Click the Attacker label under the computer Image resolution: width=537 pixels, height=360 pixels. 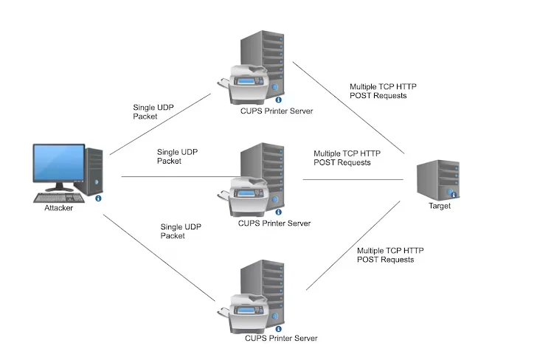[x=58, y=208]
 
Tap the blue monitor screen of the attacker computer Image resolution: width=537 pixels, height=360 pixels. [x=59, y=162]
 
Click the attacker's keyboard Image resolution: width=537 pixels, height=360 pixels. [x=59, y=198]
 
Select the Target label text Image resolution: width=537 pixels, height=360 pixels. [x=440, y=206]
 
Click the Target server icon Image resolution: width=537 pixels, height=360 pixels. [x=438, y=180]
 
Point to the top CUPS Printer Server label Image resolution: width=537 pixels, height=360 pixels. [x=277, y=111]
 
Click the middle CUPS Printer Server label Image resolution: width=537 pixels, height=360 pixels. [x=274, y=224]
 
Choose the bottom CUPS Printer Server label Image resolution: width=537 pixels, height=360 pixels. [x=281, y=338]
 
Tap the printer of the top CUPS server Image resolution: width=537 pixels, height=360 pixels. [x=244, y=84]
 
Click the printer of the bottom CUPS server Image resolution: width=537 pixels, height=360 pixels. [x=244, y=314]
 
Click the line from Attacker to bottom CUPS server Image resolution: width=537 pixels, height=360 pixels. [x=159, y=258]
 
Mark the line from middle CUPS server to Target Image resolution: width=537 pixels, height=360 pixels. [x=353, y=179]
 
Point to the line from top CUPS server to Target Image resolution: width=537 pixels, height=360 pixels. [x=348, y=108]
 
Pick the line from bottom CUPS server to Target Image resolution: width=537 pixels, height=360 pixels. [x=353, y=246]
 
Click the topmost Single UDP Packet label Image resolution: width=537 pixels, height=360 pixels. [x=153, y=112]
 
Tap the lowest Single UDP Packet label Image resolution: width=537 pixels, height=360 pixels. [x=181, y=231]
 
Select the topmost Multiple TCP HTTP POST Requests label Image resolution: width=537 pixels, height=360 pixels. [x=383, y=91]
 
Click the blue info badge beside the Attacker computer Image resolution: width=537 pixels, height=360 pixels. [x=98, y=198]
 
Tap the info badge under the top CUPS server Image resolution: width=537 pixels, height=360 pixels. [x=278, y=100]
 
